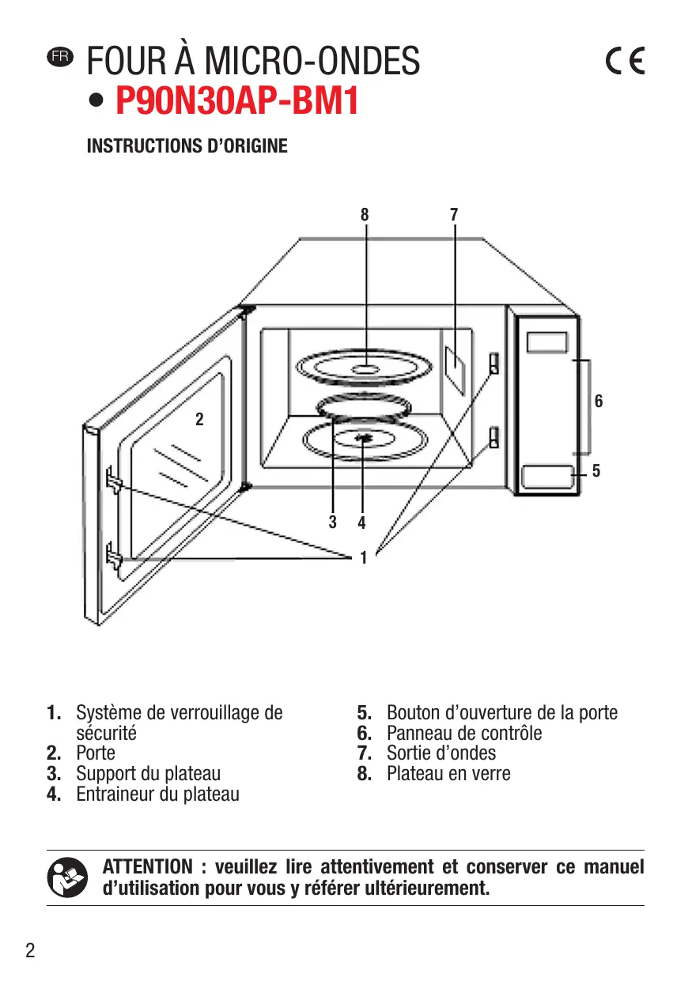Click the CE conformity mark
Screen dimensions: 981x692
pos(625,61)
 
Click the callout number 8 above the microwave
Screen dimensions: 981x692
pos(365,214)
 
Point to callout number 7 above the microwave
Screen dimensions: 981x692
pos(454,214)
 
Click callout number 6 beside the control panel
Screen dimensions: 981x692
pos(599,402)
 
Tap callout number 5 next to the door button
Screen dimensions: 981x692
pos(596,471)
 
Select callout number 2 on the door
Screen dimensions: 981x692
pos(199,420)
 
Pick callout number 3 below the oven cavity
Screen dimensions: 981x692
pos(333,522)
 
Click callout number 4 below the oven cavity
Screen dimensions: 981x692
pos(361,522)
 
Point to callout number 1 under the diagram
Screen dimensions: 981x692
pos(363,558)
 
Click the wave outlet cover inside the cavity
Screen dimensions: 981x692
pos(456,367)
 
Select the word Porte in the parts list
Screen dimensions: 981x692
pos(96,753)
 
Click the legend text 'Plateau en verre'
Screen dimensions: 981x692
pos(448,774)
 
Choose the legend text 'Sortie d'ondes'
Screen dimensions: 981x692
pos(441,753)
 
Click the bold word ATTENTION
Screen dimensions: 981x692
pos(148,867)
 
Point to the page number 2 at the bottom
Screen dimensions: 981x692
pos(30,950)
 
